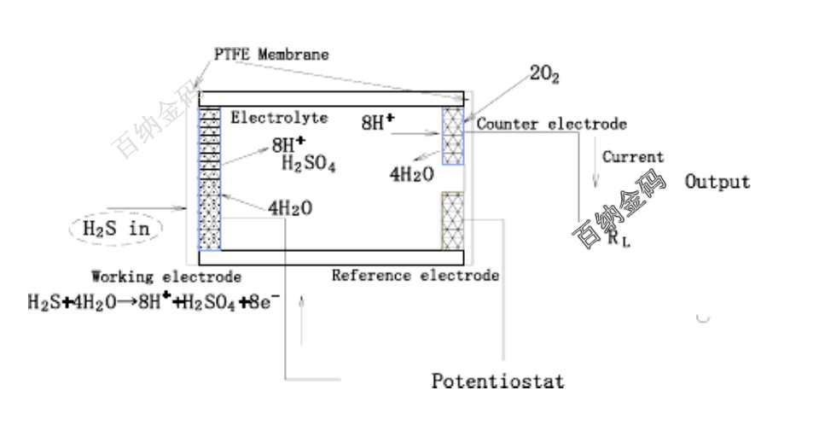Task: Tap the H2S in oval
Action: click(x=115, y=229)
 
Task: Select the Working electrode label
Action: click(x=166, y=277)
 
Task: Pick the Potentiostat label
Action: click(x=497, y=381)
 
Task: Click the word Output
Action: click(x=717, y=182)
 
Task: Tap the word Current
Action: click(x=632, y=157)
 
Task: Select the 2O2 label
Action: click(x=544, y=74)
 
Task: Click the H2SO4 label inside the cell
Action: click(x=308, y=164)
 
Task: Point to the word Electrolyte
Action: click(x=278, y=118)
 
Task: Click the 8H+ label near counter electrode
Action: click(x=378, y=122)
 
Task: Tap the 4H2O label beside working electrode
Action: click(x=289, y=207)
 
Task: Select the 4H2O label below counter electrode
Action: click(x=411, y=174)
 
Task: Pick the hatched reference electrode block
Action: click(x=452, y=220)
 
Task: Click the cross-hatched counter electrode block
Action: click(x=452, y=135)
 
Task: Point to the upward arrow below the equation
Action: click(x=302, y=320)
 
